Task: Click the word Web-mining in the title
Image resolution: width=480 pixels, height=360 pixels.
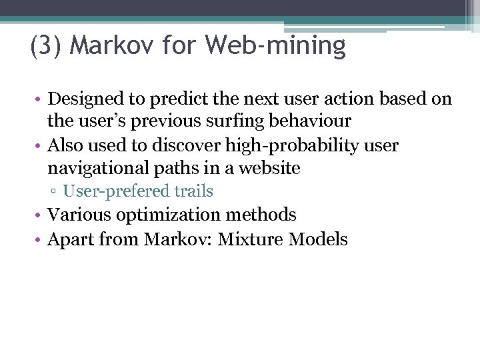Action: pyautogui.click(x=275, y=46)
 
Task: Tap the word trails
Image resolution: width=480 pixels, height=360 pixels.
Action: pyautogui.click(x=194, y=191)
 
